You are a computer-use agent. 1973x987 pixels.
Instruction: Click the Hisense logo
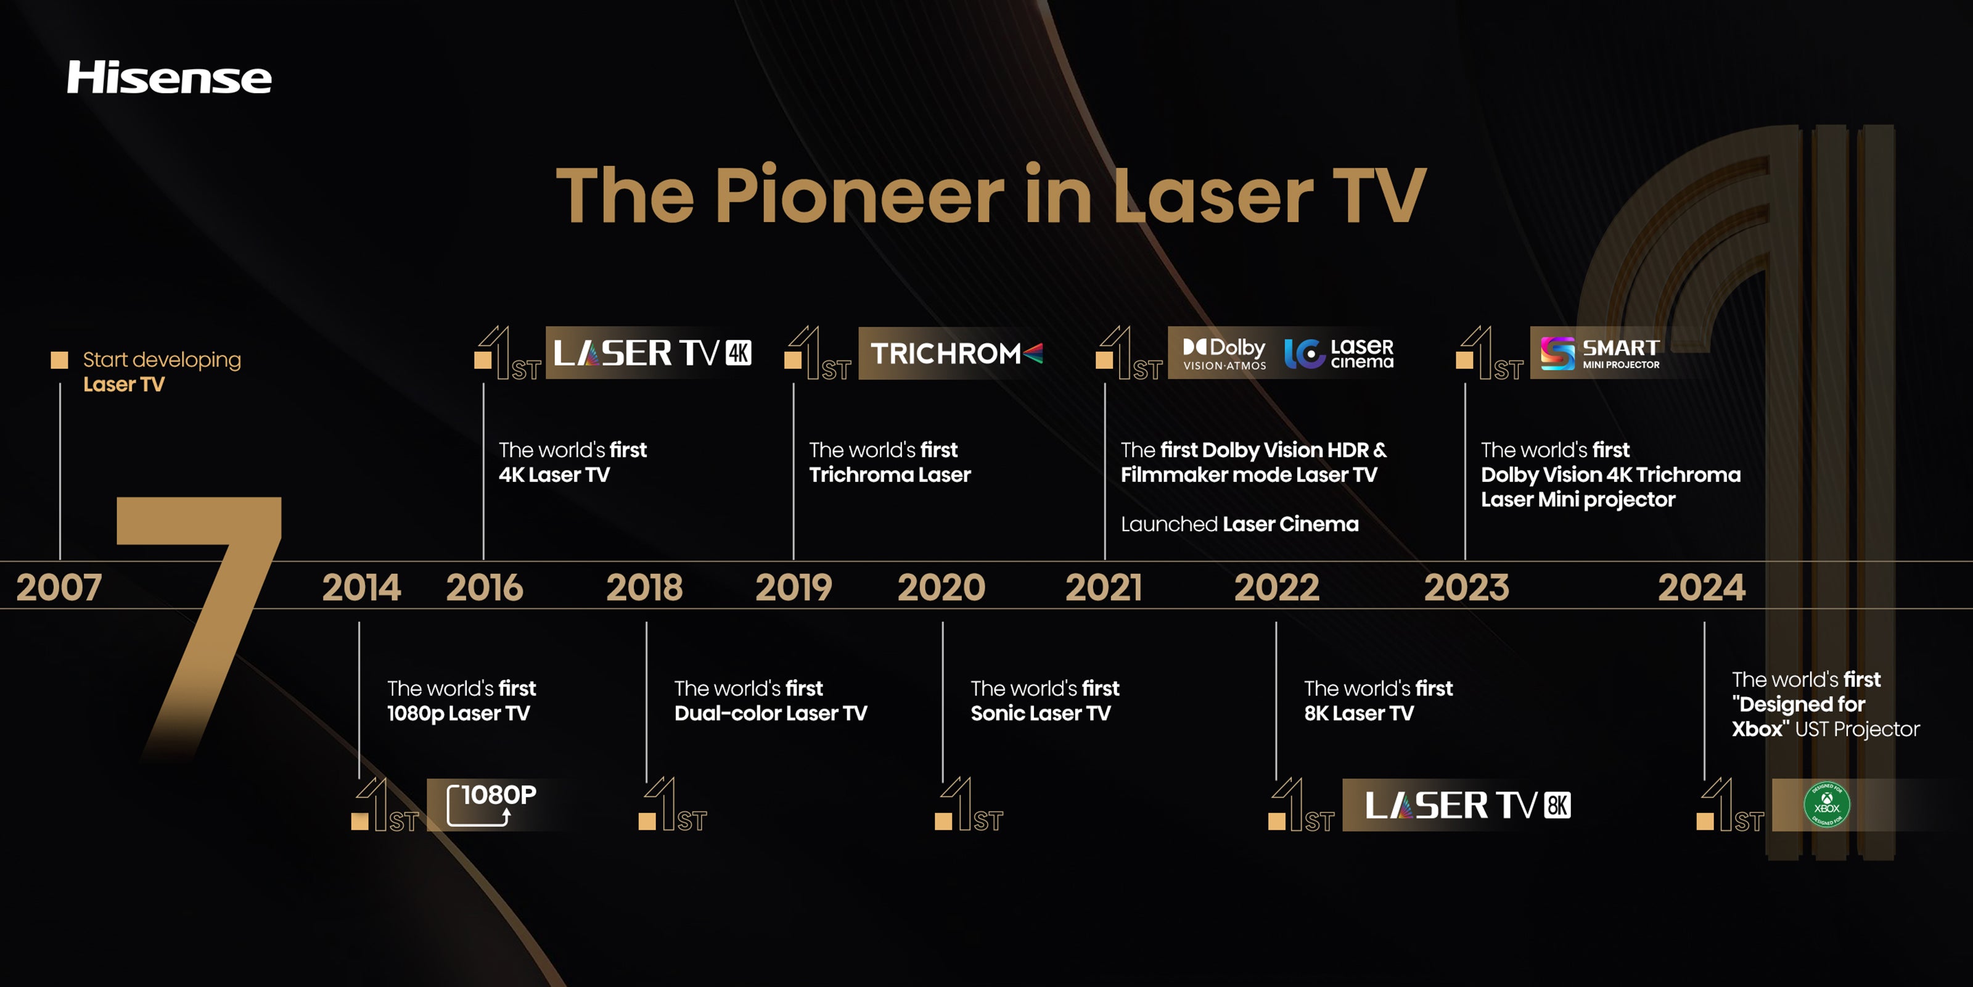tap(170, 77)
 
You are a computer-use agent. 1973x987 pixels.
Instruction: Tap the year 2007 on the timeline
tap(59, 588)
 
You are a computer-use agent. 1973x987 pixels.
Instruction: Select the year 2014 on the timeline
tap(361, 588)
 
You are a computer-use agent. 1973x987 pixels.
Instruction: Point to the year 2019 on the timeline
tap(794, 588)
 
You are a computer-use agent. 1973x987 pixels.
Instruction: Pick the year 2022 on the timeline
tap(1277, 588)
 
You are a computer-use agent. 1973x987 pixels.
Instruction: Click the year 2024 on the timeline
tap(1702, 588)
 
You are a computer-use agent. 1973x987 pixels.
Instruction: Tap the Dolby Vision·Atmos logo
tap(1224, 353)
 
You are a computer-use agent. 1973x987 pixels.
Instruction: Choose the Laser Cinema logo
tap(1339, 353)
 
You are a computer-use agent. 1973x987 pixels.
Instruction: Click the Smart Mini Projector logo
tap(1600, 353)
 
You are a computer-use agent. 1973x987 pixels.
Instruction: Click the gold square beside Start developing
tap(59, 360)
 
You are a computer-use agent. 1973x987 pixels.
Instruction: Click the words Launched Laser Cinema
tap(1239, 524)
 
